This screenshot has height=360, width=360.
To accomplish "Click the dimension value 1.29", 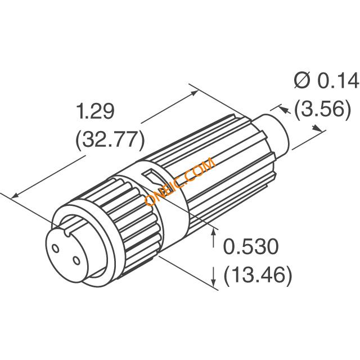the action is [x=96, y=111].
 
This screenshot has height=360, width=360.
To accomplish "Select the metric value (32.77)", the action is [x=110, y=139].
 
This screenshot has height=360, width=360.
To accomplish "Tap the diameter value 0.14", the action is [x=337, y=80].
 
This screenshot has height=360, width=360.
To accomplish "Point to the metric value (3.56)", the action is [x=323, y=109].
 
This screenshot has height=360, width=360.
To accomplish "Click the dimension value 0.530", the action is [x=251, y=246].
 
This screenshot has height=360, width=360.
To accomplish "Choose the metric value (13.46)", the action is [x=258, y=274].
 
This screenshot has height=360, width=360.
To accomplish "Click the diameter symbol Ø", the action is [x=302, y=80].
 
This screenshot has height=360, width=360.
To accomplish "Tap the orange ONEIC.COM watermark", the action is [x=180, y=182].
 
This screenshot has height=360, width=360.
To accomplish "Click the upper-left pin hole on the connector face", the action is [x=55, y=249].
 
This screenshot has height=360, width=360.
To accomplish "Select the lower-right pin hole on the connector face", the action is [x=76, y=260].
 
